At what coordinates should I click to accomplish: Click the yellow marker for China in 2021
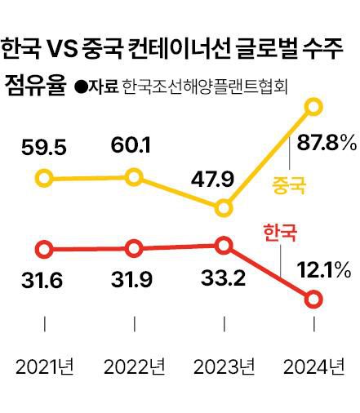[x=45, y=177]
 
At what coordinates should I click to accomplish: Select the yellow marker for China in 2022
[x=135, y=176]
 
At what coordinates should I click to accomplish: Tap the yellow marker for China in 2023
[x=225, y=209]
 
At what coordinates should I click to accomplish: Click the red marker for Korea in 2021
[x=45, y=249]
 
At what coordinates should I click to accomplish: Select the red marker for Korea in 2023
[x=225, y=245]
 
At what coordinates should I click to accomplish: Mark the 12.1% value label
[x=323, y=269]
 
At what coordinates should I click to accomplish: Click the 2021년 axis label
[x=45, y=365]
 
